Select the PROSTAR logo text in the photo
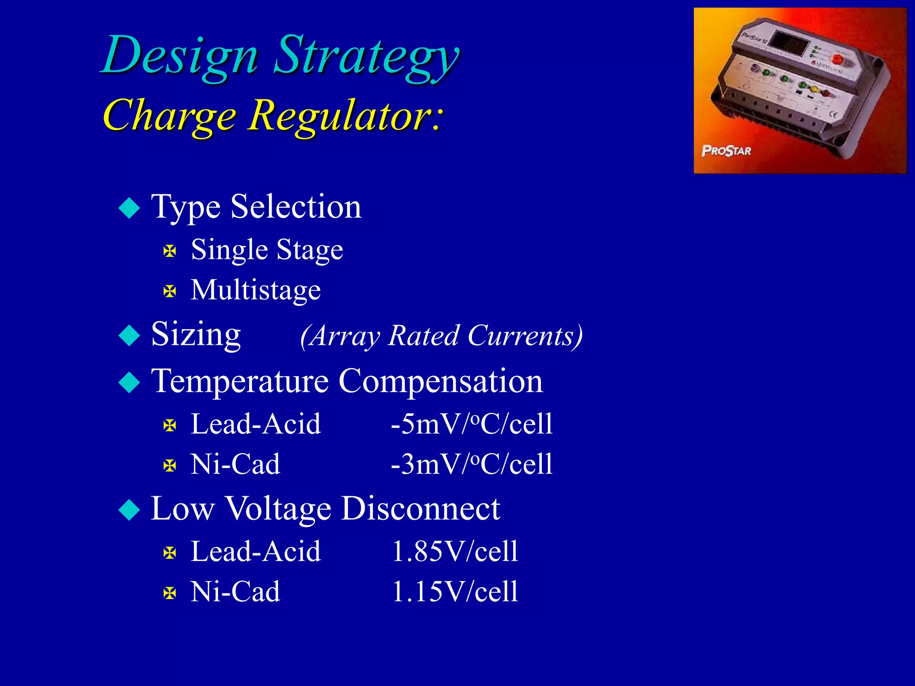click(x=726, y=151)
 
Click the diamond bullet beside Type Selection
click(x=130, y=208)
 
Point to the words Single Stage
click(x=267, y=249)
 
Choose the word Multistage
click(x=256, y=290)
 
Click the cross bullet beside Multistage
click(x=170, y=292)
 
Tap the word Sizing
click(x=196, y=334)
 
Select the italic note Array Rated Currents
click(x=441, y=335)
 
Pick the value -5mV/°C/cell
click(x=471, y=424)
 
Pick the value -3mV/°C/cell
click(x=471, y=464)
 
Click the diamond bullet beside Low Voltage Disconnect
click(x=130, y=510)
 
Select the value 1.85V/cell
click(x=455, y=551)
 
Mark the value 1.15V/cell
click(x=455, y=591)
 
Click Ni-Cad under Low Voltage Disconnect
click(x=235, y=591)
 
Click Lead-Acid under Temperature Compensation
click(x=256, y=424)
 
